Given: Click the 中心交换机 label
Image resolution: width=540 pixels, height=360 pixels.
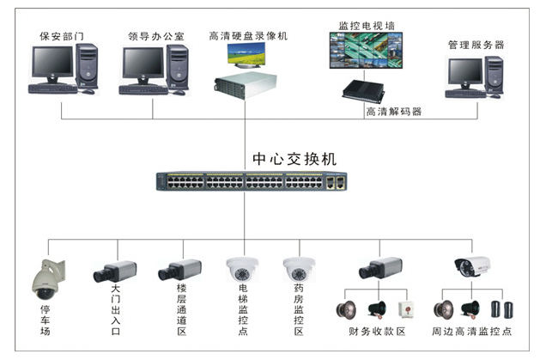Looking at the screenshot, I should [294, 159].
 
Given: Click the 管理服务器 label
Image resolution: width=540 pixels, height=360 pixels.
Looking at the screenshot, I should [476, 44].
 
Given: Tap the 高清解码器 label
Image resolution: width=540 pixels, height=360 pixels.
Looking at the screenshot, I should [393, 111].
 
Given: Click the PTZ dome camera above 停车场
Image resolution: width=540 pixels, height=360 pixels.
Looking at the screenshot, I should [43, 275].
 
